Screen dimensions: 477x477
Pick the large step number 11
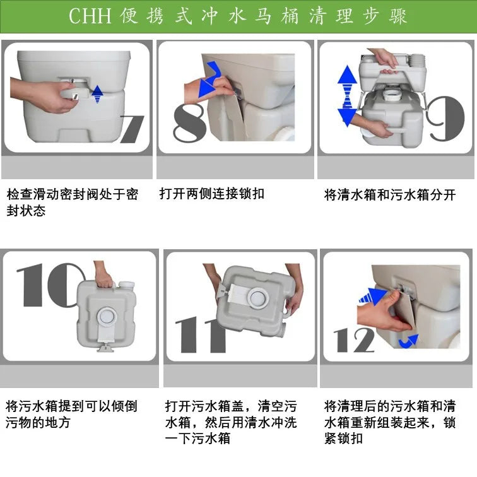pos(200,334)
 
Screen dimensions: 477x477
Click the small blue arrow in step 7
pos(97,95)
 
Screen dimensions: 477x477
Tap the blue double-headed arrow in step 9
pos(347,96)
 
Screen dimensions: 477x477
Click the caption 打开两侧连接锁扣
pos(211,194)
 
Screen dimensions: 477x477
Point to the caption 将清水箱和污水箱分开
pos(389,195)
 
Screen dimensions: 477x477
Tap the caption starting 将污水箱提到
pos(71,414)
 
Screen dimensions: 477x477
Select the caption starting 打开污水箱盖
pos(230,421)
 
